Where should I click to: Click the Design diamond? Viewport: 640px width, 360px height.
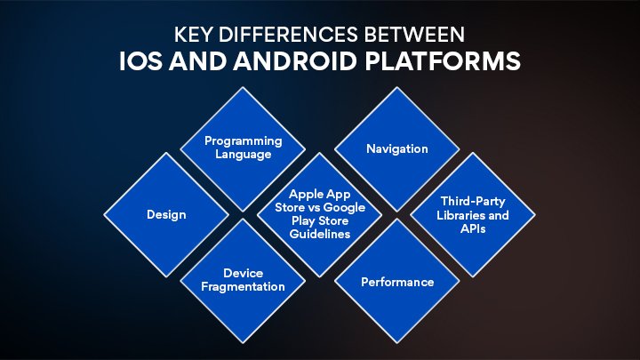[x=166, y=214]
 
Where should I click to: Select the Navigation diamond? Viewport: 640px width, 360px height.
[x=396, y=148]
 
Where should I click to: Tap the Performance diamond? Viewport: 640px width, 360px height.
[x=396, y=282]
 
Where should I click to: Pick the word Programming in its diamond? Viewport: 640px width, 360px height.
[x=244, y=141]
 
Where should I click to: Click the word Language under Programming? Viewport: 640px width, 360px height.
[x=244, y=154]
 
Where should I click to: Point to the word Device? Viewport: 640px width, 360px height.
[x=244, y=274]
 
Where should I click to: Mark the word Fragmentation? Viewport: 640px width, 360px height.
[x=244, y=286]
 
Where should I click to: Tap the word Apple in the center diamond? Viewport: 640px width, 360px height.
[x=303, y=192]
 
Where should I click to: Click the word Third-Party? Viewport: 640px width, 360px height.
[x=474, y=202]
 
